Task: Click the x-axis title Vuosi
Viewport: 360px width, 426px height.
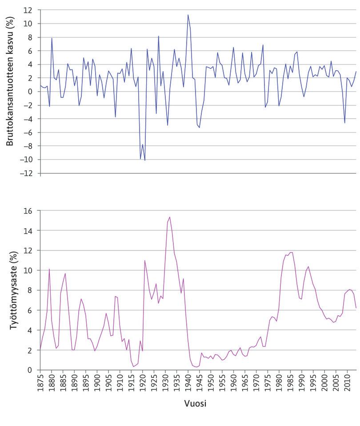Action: coord(195,404)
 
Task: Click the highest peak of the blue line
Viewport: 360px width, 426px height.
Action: coord(188,15)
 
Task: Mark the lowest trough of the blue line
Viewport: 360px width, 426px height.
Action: coord(145,160)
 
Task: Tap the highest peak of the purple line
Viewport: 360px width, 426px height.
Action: coord(170,217)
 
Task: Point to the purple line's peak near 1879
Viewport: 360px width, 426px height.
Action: coord(49,269)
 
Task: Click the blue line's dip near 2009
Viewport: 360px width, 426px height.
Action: coord(344,123)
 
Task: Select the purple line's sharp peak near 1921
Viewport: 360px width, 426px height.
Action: coord(145,261)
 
